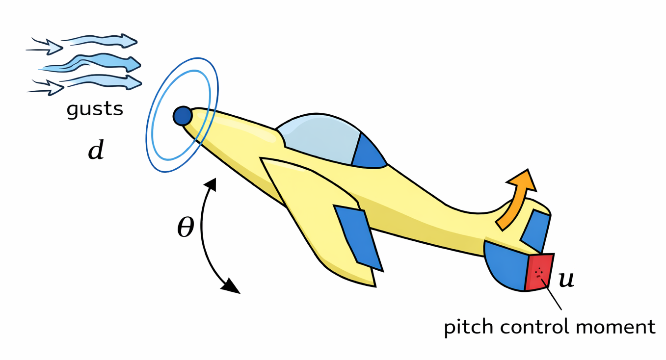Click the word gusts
pos(95,108)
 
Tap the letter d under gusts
pos(96,151)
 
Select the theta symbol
pos(186,227)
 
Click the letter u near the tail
pos(566,280)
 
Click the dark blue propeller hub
pos(183,116)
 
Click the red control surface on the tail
pos(539,272)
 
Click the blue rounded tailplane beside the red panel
pos(506,265)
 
